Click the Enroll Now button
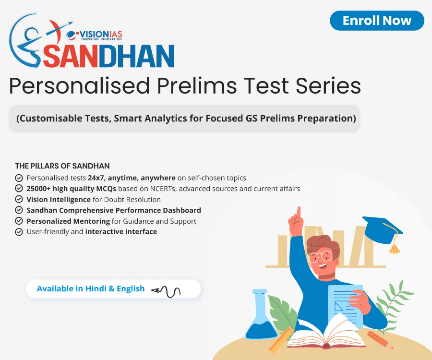pyautogui.click(x=377, y=21)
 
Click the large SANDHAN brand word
pyautogui.click(x=108, y=56)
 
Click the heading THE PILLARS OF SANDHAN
pyautogui.click(x=62, y=166)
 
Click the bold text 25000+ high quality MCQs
pyautogui.click(x=72, y=189)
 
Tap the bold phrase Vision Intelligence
pyautogui.click(x=59, y=199)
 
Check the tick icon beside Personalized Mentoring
pyautogui.click(x=19, y=221)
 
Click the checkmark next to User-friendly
pyautogui.click(x=19, y=232)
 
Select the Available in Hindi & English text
pyautogui.click(x=91, y=288)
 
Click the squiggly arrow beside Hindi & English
pyautogui.click(x=166, y=290)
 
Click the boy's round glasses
pyautogui.click(x=319, y=256)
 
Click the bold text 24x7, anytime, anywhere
pyautogui.click(x=132, y=178)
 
